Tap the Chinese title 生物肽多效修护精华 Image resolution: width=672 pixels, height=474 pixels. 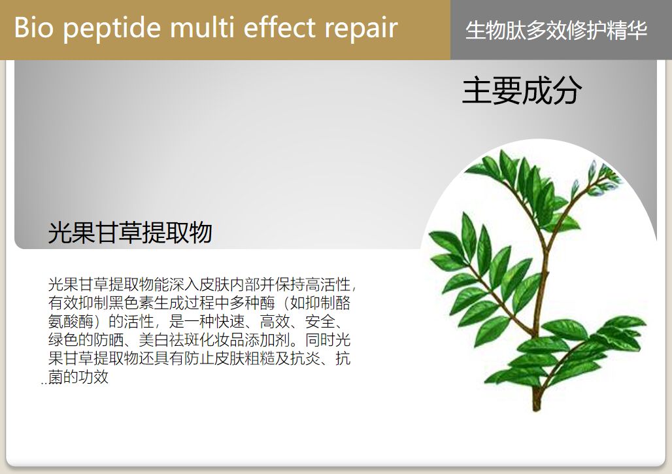coord(556,30)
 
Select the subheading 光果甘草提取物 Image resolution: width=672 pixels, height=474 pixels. coord(129,233)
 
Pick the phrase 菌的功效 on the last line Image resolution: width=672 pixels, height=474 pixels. coord(78,378)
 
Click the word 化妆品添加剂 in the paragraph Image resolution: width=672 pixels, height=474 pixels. coord(244,340)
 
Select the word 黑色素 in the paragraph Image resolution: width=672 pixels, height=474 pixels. coord(131,303)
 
